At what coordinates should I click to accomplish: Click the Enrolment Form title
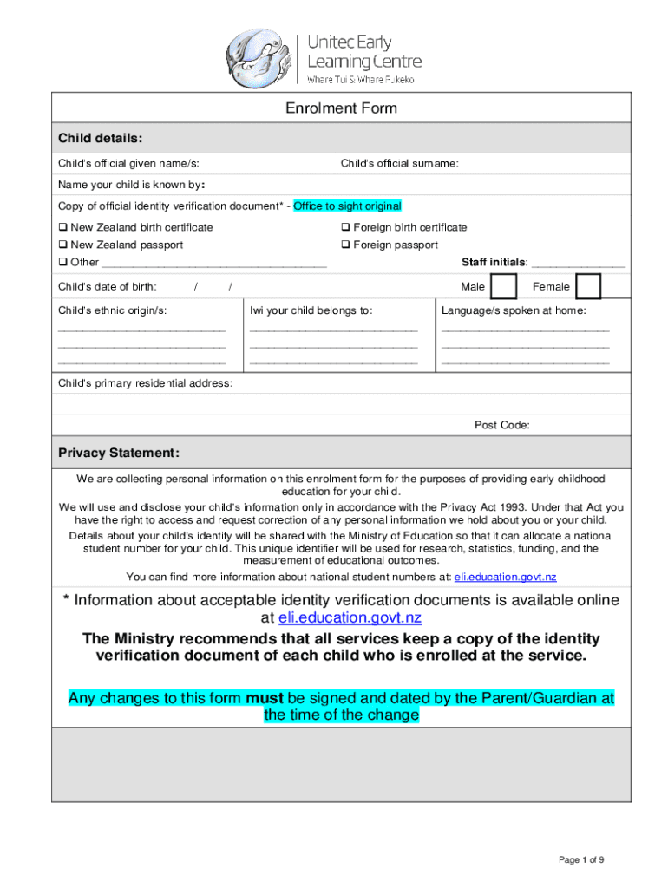341,108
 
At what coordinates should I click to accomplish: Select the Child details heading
100,138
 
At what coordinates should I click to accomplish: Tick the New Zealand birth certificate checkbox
62,228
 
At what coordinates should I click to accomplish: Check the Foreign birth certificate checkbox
345,228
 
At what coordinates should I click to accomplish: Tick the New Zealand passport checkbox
62,245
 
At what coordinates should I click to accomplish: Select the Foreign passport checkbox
345,245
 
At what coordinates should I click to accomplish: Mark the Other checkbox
62,263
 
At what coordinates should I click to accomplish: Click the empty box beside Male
501,286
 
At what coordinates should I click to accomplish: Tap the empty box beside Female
588,286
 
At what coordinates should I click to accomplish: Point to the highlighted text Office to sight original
347,206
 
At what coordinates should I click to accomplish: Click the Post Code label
501,425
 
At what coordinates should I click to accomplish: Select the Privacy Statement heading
118,454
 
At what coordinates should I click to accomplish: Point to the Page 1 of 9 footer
581,859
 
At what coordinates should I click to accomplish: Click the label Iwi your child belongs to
311,310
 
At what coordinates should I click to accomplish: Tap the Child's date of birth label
107,287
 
